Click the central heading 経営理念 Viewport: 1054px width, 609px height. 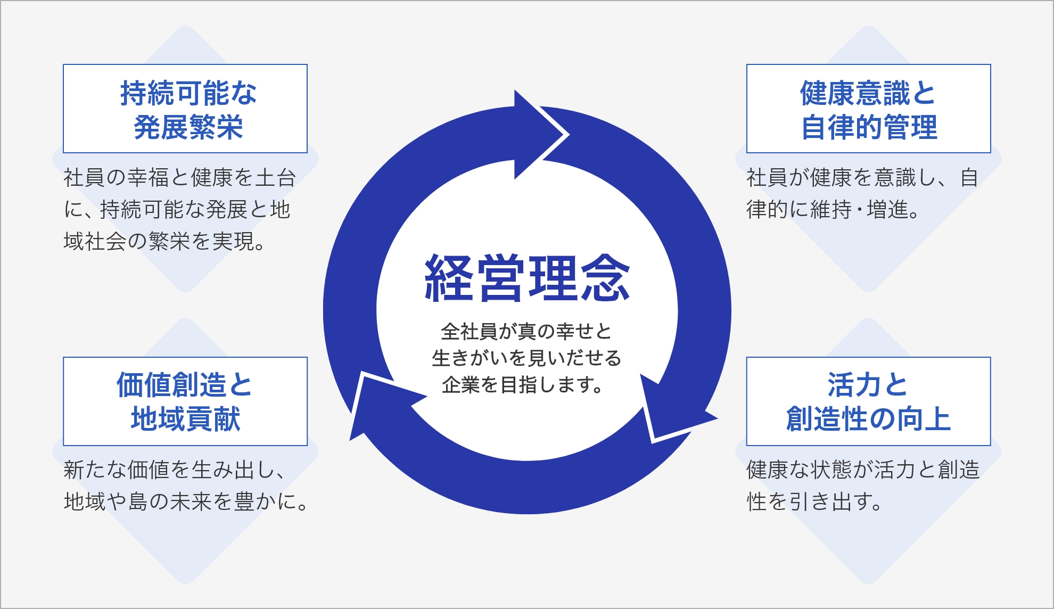[527, 278]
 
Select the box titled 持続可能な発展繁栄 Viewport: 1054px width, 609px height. [185, 109]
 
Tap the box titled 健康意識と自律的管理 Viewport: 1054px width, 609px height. [868, 109]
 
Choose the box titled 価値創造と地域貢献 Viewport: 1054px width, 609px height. [185, 401]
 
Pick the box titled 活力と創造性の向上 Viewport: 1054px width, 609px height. [868, 401]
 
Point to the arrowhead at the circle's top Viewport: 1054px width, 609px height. [538, 134]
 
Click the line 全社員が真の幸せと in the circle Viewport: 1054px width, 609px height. [526, 332]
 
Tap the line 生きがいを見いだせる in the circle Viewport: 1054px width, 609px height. [526, 358]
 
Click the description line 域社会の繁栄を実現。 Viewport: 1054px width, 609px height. [164, 242]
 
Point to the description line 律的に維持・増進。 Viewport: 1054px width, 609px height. [833, 210]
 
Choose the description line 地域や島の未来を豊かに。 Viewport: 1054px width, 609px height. [185, 501]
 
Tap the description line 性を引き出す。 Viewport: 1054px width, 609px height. [814, 501]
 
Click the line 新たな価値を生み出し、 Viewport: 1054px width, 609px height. [175, 470]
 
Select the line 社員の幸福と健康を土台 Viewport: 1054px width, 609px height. [179, 178]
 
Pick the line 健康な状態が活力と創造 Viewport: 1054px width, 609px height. [863, 470]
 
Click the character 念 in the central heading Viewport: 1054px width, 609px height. [605, 278]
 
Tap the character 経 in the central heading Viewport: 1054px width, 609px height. [448, 278]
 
